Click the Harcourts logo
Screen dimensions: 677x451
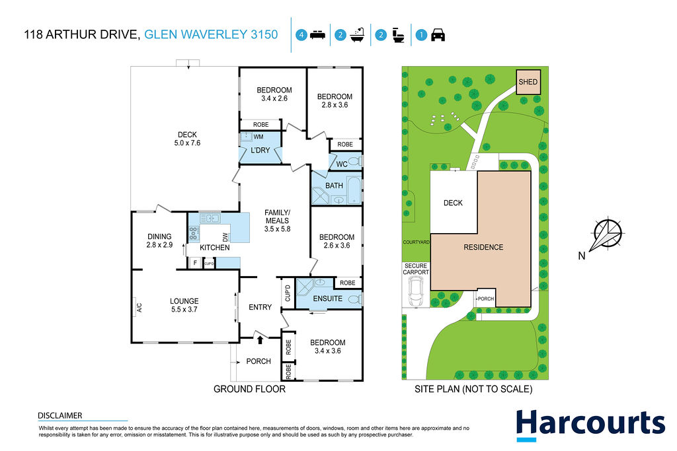coord(590,425)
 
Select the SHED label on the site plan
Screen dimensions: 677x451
coord(528,82)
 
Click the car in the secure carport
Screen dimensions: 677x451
coord(417,291)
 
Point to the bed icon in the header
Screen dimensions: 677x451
coord(317,35)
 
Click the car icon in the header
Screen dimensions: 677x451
coord(438,35)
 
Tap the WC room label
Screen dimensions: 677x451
coord(342,164)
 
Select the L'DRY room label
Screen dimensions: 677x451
coord(260,150)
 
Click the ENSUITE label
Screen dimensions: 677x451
coord(328,298)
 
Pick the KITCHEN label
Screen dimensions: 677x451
coord(215,248)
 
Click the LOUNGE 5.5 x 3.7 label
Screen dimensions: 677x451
coord(184,305)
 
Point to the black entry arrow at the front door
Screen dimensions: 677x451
coord(260,340)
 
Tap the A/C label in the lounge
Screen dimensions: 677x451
coord(139,308)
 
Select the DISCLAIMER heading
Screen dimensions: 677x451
coord(60,415)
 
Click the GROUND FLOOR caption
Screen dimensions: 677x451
coord(249,389)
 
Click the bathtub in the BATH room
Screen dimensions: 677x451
coord(354,190)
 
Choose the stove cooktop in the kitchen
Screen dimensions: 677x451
coord(194,233)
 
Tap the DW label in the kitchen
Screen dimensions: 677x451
coord(225,237)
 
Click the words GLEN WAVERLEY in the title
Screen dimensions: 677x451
coord(196,34)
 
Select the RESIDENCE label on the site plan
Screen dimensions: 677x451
coord(483,247)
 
